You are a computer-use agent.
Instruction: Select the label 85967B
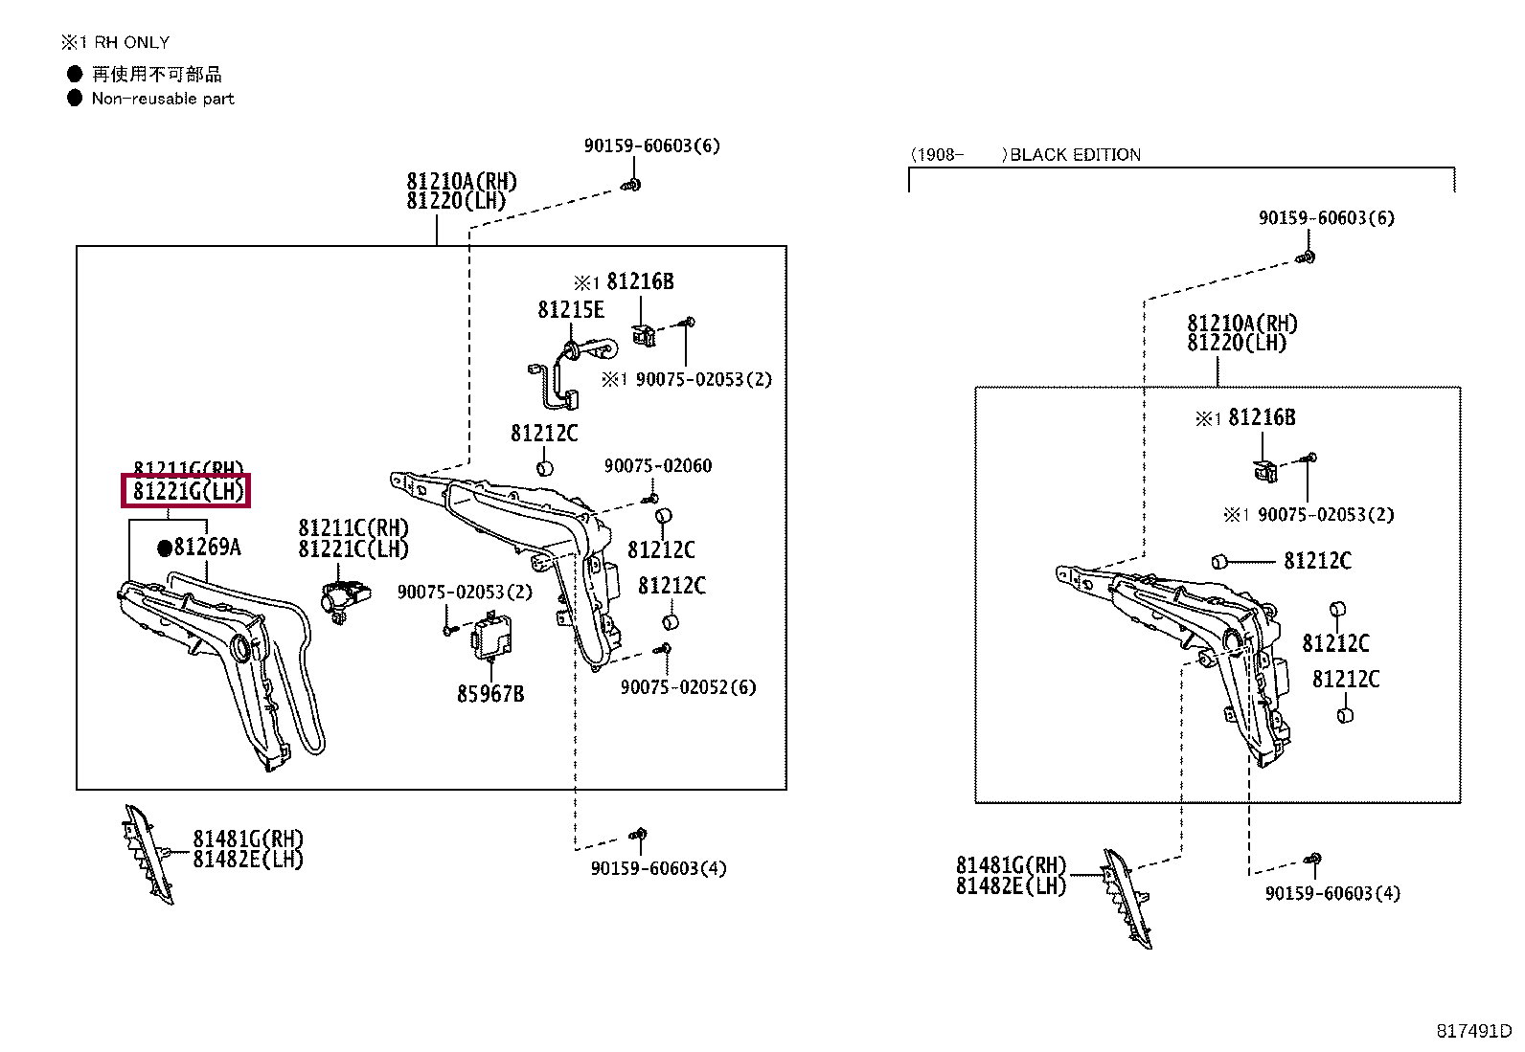coord(490,694)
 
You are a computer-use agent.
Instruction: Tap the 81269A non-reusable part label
coord(207,548)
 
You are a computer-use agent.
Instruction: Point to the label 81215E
coord(571,309)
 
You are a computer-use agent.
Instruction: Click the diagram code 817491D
coord(1472,1031)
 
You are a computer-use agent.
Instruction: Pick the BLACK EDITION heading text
coord(1075,155)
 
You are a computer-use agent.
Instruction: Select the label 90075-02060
coord(658,466)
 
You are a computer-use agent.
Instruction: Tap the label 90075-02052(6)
coord(688,687)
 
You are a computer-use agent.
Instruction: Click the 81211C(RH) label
coord(353,528)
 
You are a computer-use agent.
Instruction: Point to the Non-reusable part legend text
coord(163,99)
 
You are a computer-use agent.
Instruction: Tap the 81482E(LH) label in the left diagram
coord(248,860)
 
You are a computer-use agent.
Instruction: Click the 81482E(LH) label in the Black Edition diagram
coord(1011,885)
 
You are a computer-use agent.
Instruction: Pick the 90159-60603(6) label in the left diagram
coord(652,145)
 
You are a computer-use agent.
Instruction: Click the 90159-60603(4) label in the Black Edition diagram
coord(1332,893)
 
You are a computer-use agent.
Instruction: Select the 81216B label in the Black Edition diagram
coord(1262,417)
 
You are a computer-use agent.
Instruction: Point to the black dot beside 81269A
coord(164,548)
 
